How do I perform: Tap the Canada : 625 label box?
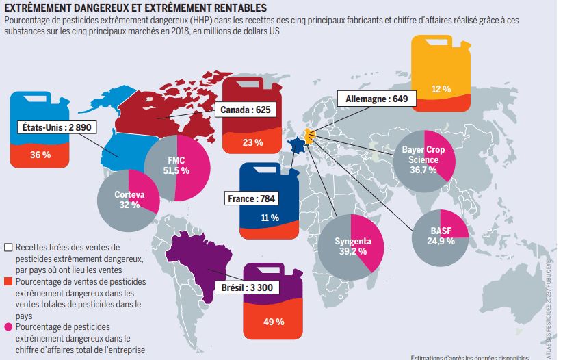point(246,110)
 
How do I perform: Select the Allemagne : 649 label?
point(377,99)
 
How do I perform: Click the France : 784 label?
point(250,199)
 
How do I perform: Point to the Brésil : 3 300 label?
point(247,287)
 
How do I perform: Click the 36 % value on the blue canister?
point(40,155)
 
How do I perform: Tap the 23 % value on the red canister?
point(252,142)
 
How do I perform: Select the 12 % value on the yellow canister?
point(441,89)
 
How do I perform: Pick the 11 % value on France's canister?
point(270,218)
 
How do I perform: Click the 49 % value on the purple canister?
point(274,321)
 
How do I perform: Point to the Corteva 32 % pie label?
point(129,199)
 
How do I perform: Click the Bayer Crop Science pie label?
point(422,159)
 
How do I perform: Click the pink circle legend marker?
point(8,327)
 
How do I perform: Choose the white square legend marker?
point(8,247)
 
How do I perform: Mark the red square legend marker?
point(8,281)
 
